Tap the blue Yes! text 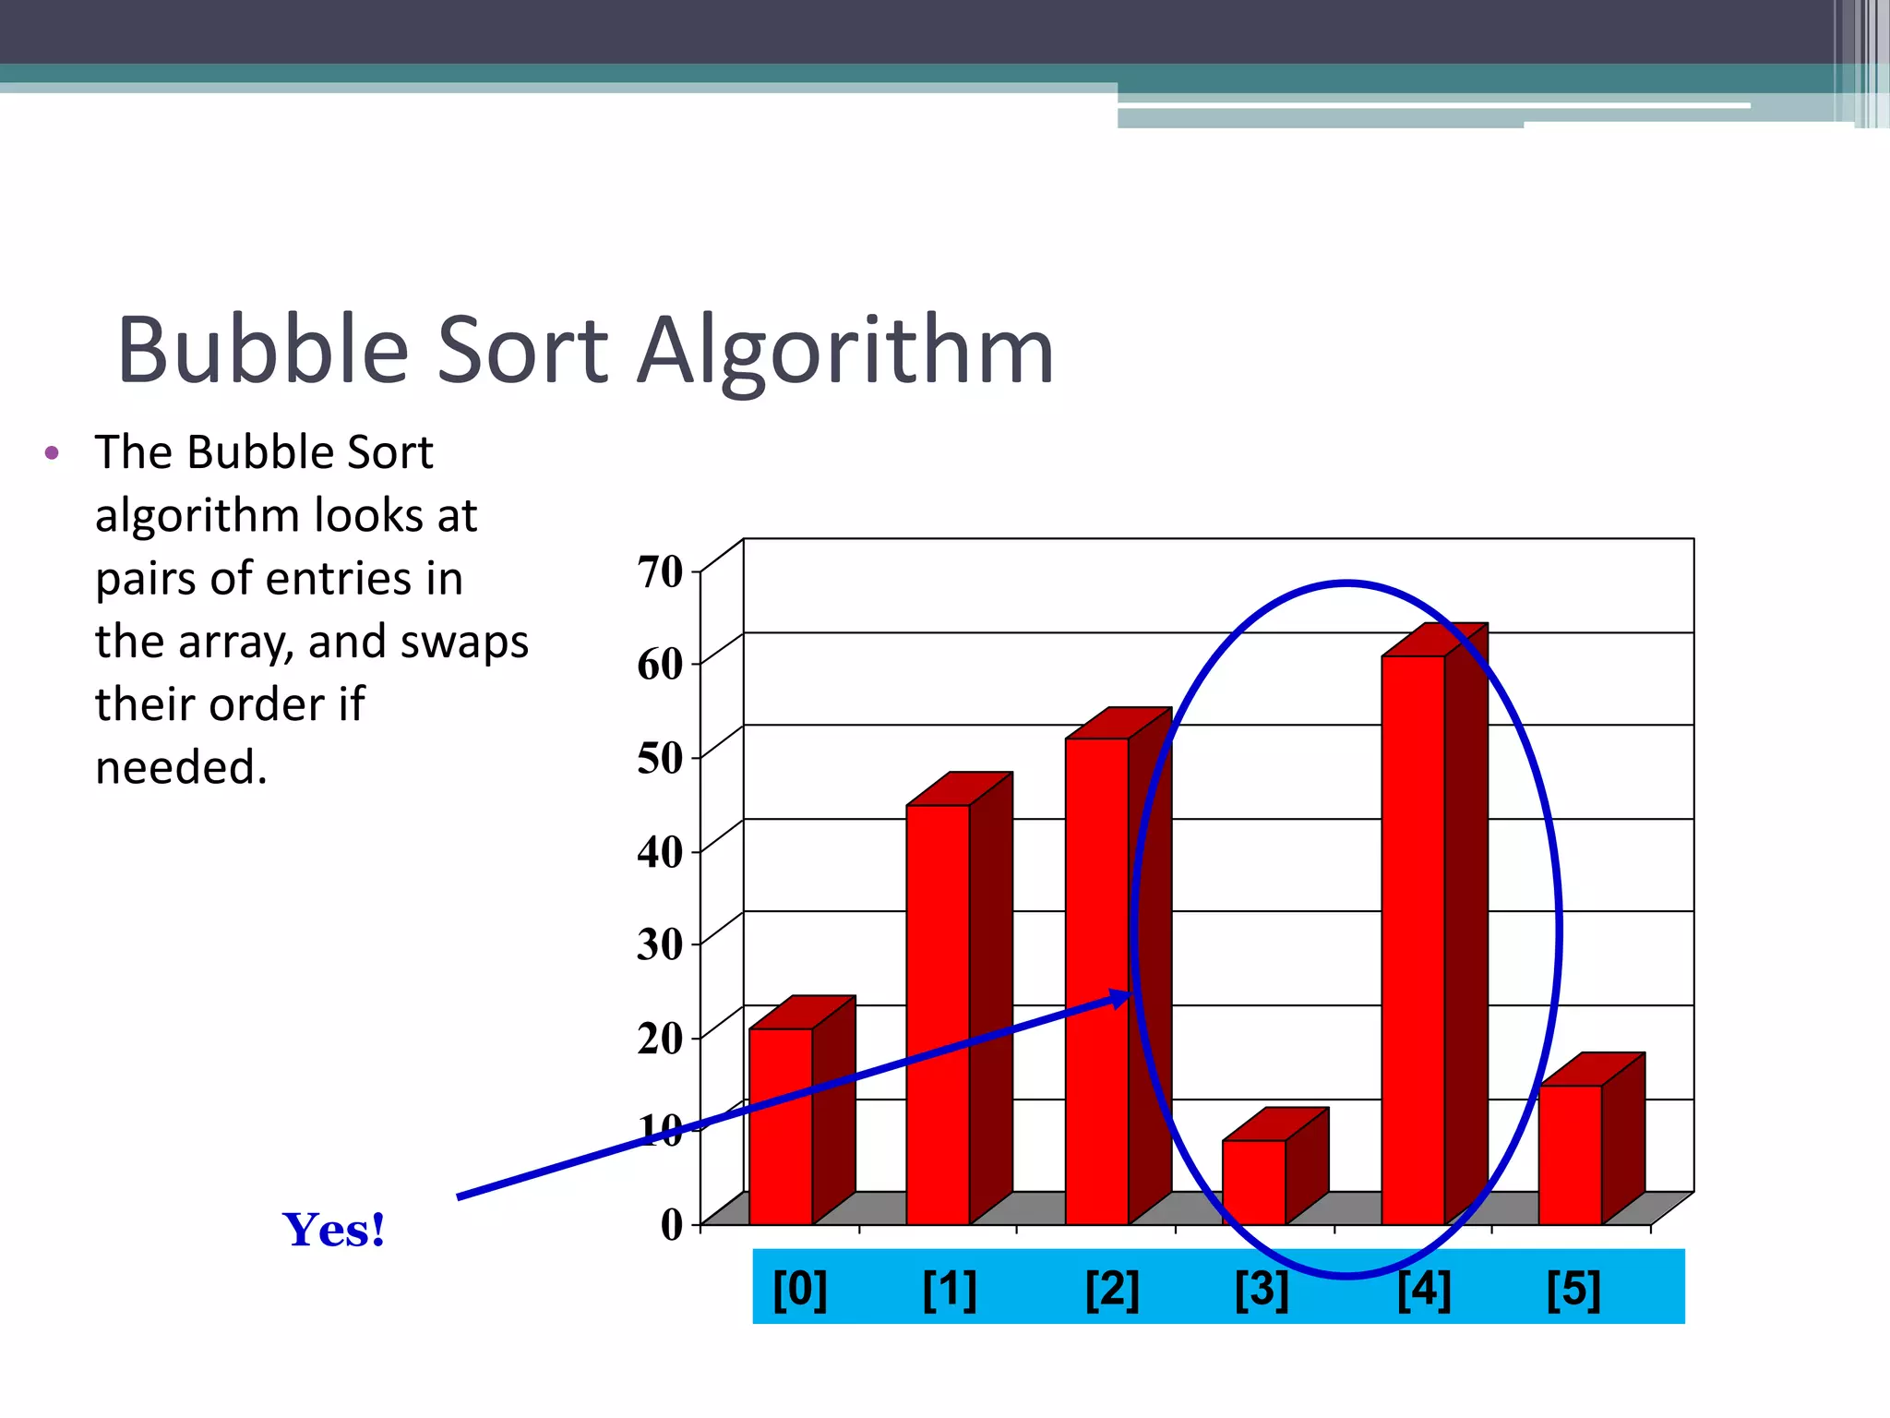pyautogui.click(x=333, y=1230)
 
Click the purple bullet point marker pyautogui.click(x=52, y=453)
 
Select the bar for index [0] pyautogui.click(x=781, y=1126)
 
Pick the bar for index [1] pyautogui.click(x=938, y=1015)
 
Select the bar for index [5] pyautogui.click(x=1570, y=1154)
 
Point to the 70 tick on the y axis pyautogui.click(x=661, y=572)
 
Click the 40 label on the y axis pyautogui.click(x=661, y=852)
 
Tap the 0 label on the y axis pyautogui.click(x=672, y=1225)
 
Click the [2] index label pyautogui.click(x=1112, y=1289)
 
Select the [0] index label pyautogui.click(x=799, y=1289)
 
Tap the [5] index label pyautogui.click(x=1573, y=1289)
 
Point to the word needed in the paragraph pyautogui.click(x=181, y=768)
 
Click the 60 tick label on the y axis pyautogui.click(x=661, y=665)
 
